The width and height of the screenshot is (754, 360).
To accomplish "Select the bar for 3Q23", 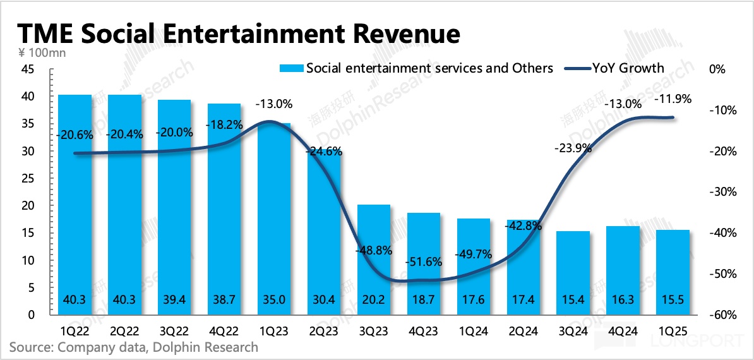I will coord(374,260).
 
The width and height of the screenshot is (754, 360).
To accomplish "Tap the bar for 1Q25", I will coord(673,272).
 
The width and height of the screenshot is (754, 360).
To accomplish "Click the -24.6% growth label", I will coord(323,152).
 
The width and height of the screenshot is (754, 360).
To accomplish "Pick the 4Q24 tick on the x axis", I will coord(623,330).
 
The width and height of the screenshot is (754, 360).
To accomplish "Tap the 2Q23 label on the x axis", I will coord(324,330).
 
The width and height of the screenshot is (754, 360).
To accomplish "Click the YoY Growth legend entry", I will coord(619,68).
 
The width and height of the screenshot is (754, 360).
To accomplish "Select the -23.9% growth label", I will coord(573,148).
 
